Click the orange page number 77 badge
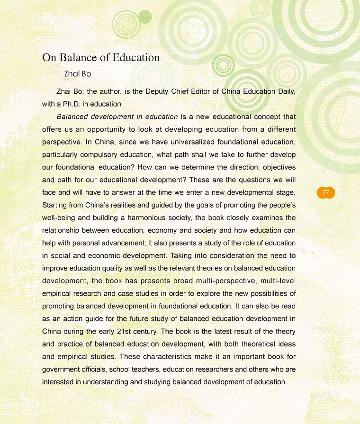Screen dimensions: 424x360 coord(325,193)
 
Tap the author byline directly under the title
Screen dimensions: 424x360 coord(78,74)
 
